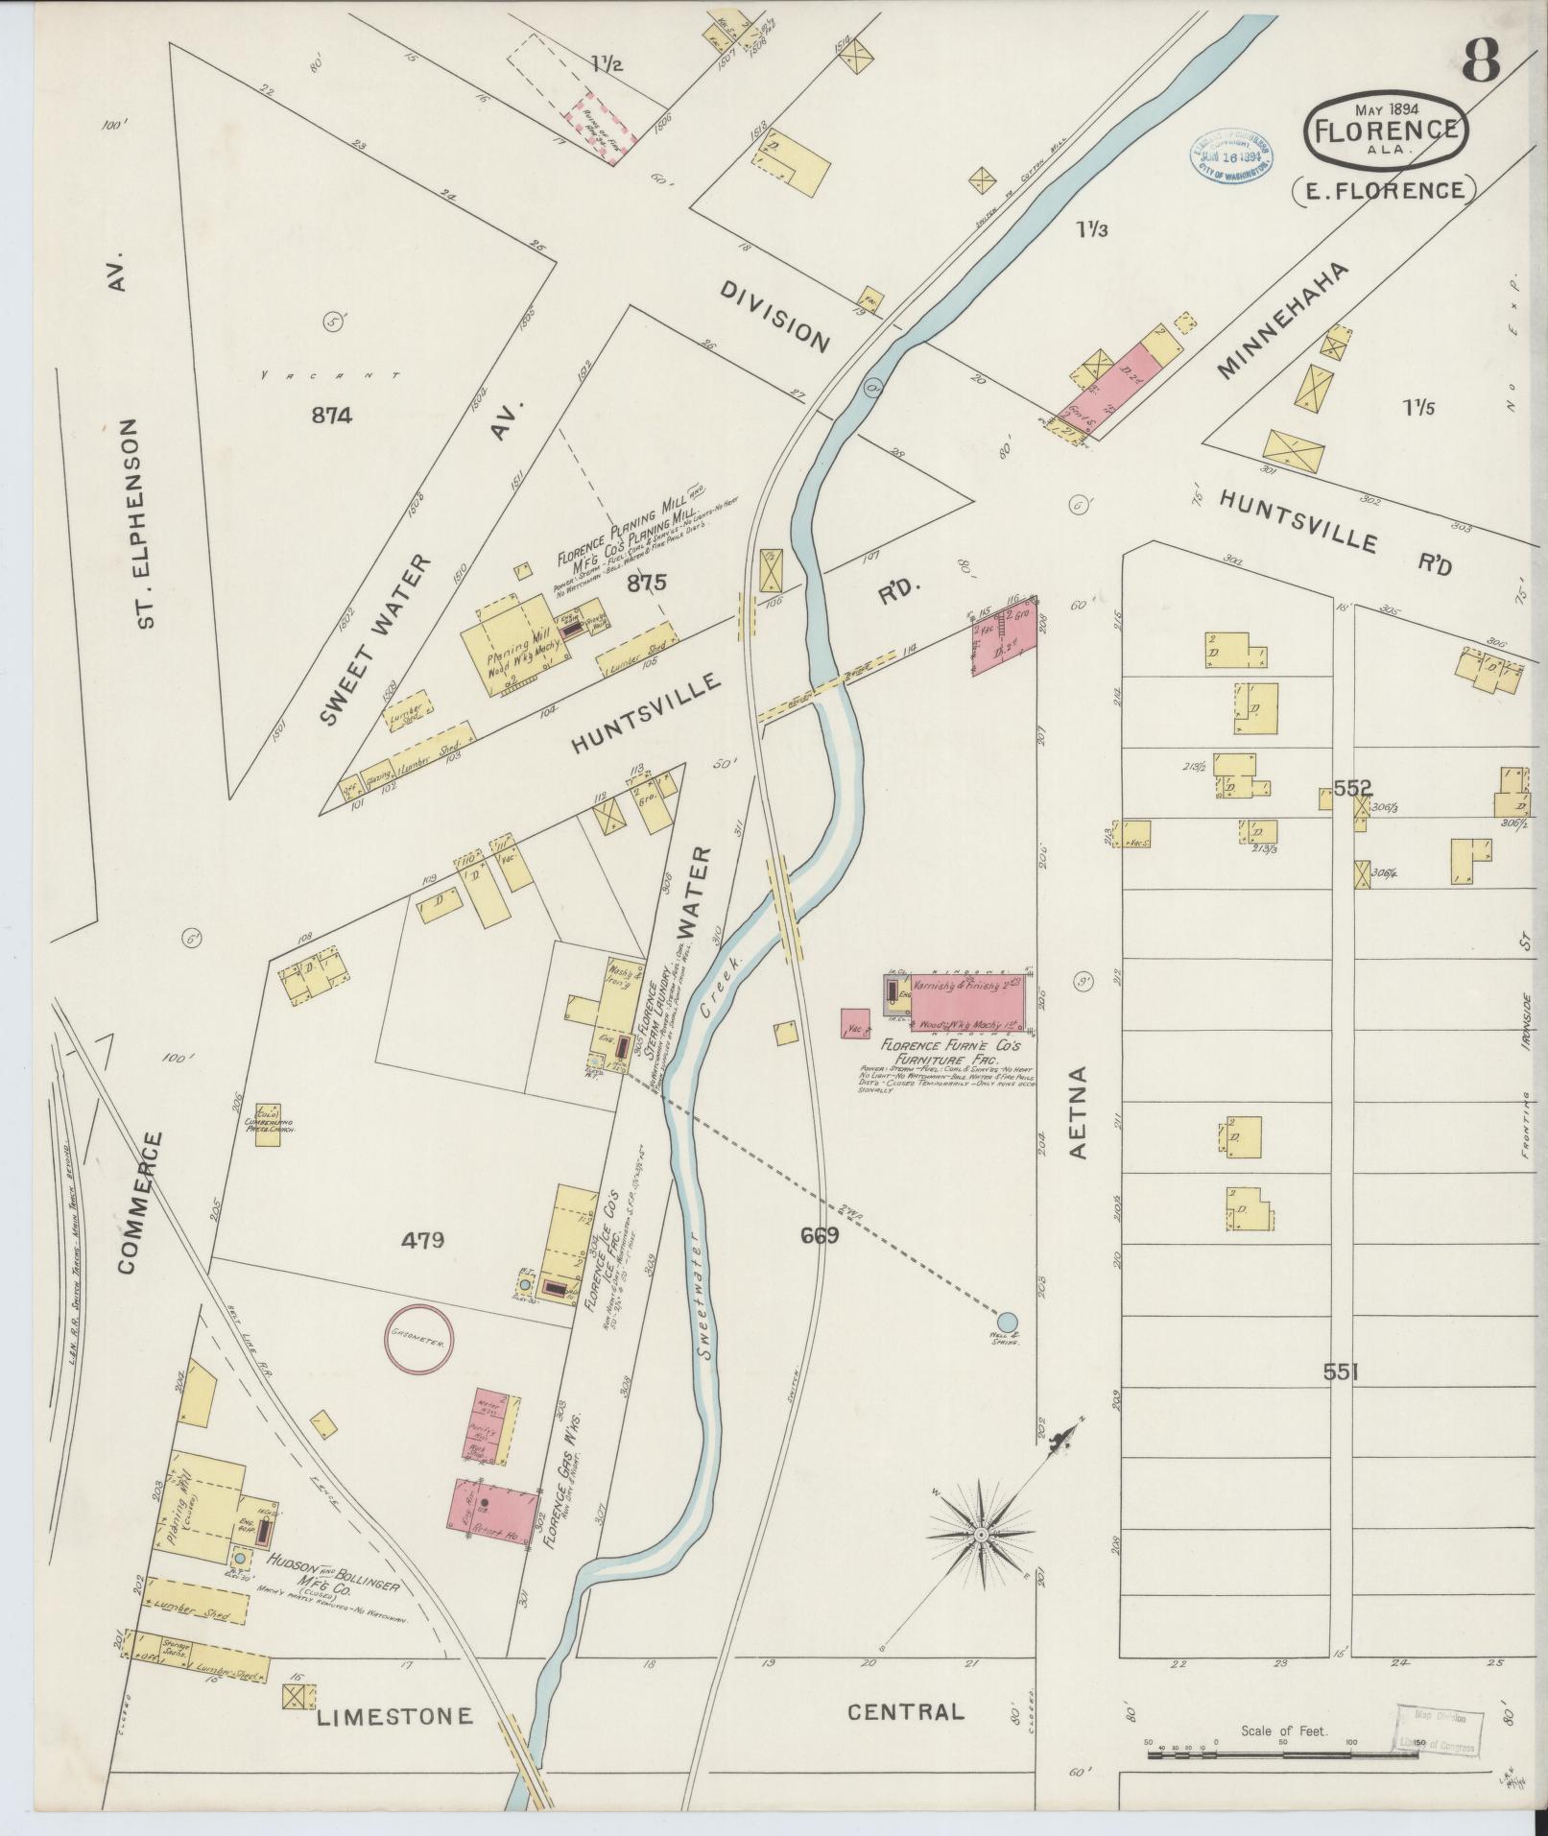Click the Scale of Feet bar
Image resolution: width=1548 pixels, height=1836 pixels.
1282,1753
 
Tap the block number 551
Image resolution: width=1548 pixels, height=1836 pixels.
1341,1372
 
